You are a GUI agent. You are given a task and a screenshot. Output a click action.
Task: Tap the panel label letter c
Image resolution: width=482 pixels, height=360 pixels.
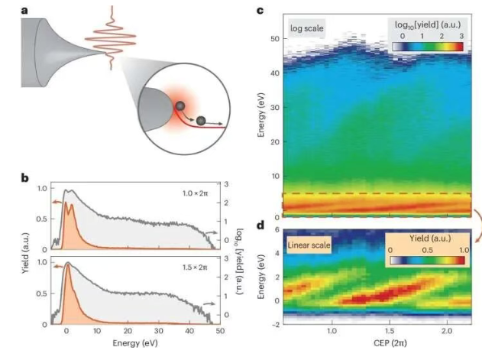click(x=260, y=10)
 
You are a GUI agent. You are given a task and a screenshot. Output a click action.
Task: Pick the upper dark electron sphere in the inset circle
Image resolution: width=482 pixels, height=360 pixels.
click(x=181, y=106)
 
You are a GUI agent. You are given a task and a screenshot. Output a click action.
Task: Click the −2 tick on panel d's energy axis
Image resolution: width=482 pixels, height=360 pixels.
click(x=273, y=323)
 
